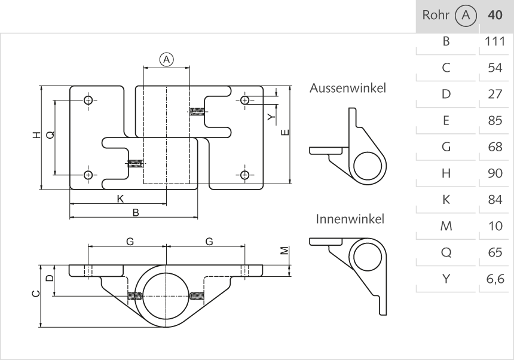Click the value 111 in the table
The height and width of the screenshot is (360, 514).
(x=495, y=42)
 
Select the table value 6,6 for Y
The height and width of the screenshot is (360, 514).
(x=495, y=279)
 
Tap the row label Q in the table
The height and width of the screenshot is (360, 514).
(x=445, y=252)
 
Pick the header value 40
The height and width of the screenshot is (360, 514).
(x=495, y=16)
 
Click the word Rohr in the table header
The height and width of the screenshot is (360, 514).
(x=436, y=16)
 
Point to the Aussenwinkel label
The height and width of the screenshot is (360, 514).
(x=348, y=88)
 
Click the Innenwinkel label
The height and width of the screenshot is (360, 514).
(x=350, y=218)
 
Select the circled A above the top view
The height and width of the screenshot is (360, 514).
(x=166, y=59)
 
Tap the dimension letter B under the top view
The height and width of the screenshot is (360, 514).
(x=136, y=212)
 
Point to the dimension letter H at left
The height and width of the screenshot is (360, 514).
(x=36, y=136)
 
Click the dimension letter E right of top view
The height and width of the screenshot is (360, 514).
(x=284, y=132)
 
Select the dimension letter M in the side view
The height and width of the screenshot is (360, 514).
(x=284, y=251)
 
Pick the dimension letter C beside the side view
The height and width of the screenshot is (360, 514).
(x=36, y=294)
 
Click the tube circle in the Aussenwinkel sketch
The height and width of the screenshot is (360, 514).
(x=368, y=165)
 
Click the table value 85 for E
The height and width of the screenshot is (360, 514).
(x=495, y=121)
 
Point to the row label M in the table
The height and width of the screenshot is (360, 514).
(x=445, y=226)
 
